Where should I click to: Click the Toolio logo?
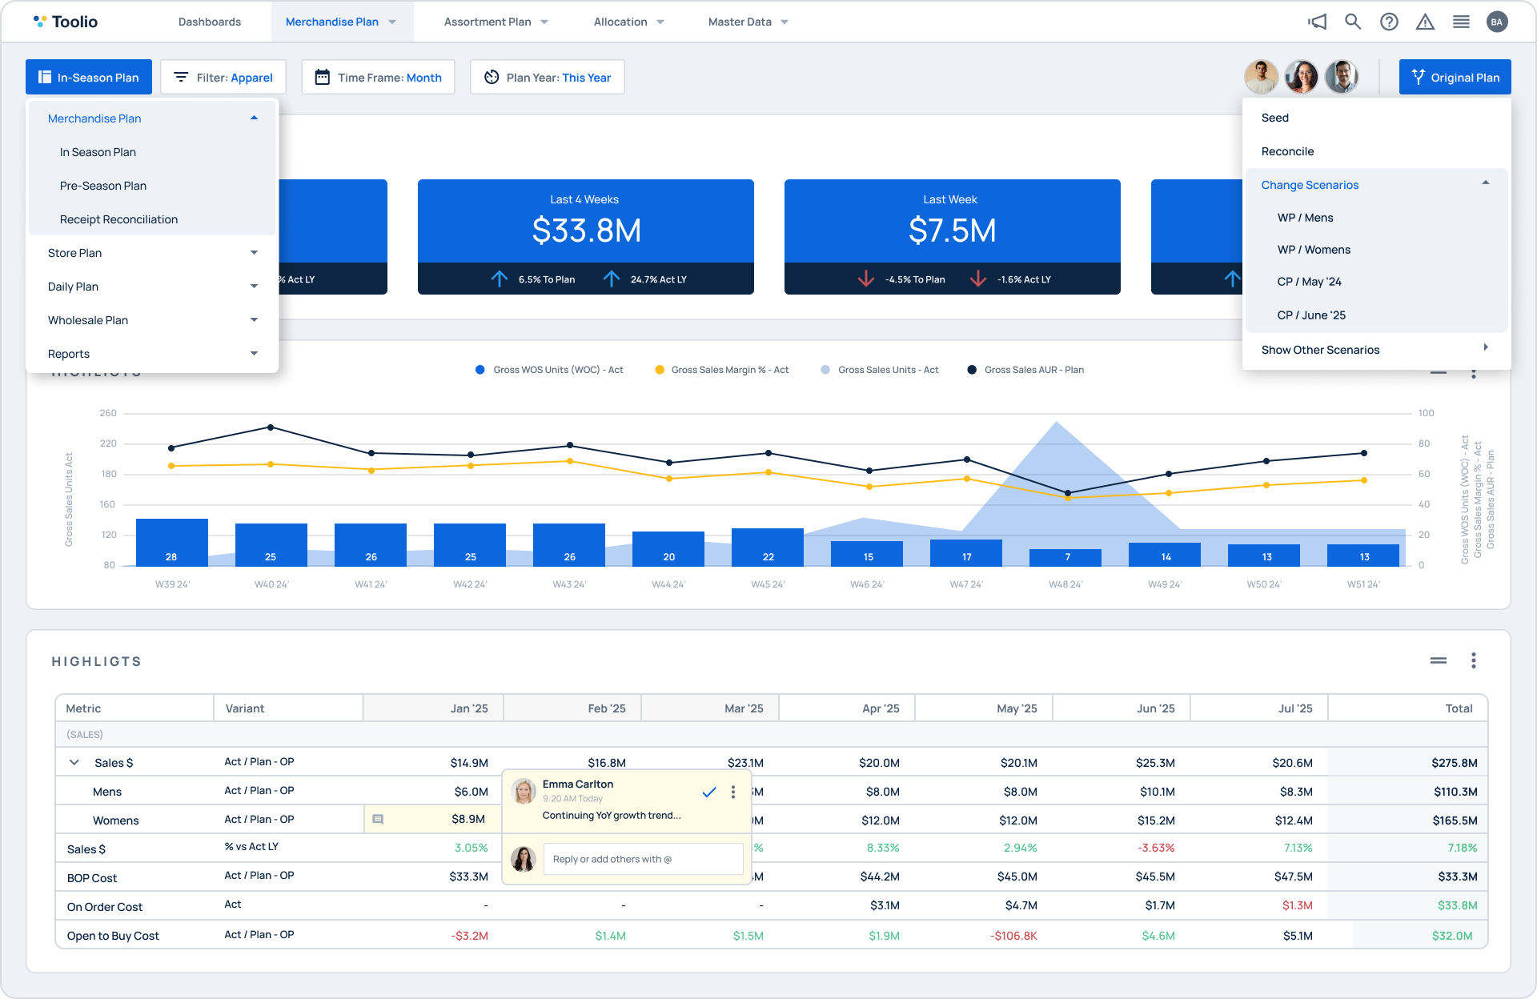point(66,22)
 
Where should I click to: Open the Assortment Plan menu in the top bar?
point(496,22)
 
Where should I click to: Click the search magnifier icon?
point(1352,22)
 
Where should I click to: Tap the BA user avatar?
point(1496,22)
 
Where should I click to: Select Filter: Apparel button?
point(223,78)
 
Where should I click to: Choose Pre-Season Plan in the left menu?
point(103,186)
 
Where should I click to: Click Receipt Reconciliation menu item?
point(118,219)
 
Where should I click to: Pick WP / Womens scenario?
point(1314,250)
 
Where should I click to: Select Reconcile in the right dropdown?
point(1287,151)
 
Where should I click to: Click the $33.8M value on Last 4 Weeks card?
point(586,231)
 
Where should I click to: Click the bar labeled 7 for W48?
point(1065,557)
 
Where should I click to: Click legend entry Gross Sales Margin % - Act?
point(729,370)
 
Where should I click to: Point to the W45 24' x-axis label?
point(768,584)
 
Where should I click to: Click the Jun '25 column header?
point(1155,708)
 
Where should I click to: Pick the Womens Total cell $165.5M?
point(1455,820)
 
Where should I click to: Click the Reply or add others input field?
point(643,859)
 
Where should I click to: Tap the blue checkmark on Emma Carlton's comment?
point(708,792)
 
